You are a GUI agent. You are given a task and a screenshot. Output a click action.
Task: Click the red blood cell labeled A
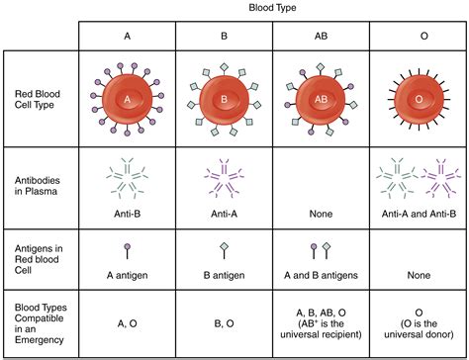128,100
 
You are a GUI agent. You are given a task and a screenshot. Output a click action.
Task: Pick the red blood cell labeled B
225,100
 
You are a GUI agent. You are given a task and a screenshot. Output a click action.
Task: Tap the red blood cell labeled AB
321,100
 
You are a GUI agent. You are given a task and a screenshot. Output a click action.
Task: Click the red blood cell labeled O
417,100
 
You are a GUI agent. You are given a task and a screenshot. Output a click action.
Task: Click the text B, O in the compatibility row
225,321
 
